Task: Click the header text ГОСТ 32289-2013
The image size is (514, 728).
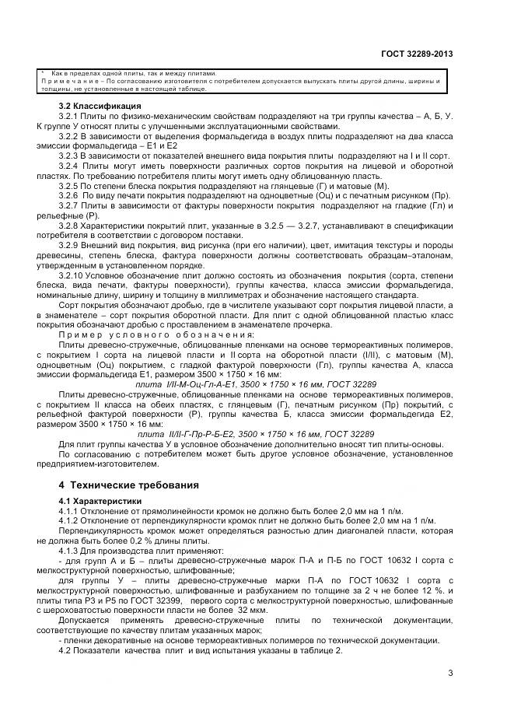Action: coord(418,54)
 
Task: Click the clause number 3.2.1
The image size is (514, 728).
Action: coord(70,115)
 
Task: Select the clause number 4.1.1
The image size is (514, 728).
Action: coord(70,511)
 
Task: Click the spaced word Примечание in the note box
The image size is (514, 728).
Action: coord(69,81)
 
